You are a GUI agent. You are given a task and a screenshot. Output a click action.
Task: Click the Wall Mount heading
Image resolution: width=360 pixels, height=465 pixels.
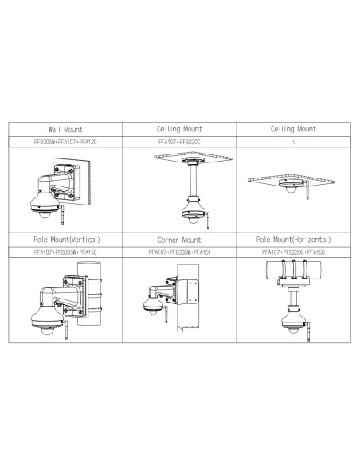(65, 129)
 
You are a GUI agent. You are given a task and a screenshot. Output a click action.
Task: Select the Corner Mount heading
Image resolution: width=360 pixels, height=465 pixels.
(179, 240)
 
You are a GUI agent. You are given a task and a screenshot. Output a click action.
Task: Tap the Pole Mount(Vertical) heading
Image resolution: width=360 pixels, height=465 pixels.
(67, 240)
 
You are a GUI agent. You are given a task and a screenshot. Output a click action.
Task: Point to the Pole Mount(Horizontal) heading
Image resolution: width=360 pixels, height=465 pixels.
(293, 240)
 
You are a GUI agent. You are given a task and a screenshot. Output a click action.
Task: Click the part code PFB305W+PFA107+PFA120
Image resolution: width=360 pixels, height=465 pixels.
(65, 142)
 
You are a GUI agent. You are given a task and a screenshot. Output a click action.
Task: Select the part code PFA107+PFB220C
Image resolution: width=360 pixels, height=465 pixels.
(179, 142)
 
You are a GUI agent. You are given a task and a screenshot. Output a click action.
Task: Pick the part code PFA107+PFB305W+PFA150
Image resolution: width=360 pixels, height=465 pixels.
(65, 252)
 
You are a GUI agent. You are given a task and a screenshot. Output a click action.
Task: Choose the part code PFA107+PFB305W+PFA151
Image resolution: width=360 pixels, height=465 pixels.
(179, 252)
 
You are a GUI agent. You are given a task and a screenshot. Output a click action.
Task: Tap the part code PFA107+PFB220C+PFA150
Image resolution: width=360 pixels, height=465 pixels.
(293, 252)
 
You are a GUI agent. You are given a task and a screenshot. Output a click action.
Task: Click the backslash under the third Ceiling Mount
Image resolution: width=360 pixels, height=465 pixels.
(294, 142)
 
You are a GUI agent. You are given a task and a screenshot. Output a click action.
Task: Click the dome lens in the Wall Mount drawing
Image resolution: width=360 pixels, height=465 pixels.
(45, 214)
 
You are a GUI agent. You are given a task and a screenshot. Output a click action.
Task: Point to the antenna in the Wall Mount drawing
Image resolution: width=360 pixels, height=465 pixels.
(62, 213)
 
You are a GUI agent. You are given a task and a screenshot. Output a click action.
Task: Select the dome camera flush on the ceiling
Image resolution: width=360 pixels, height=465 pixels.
(291, 186)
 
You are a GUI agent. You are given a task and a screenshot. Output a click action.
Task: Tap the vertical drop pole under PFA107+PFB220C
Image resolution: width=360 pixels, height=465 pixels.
(193, 180)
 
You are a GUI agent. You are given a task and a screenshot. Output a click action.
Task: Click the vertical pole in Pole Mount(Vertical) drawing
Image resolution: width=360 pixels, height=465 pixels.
(89, 293)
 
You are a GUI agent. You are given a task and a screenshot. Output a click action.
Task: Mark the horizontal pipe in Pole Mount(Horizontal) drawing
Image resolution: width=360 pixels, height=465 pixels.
(294, 269)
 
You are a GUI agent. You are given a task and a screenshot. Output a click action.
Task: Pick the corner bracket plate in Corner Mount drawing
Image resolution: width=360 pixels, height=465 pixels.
(188, 291)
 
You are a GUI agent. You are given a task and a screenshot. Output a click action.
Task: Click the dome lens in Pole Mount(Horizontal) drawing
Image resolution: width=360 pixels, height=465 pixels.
(293, 330)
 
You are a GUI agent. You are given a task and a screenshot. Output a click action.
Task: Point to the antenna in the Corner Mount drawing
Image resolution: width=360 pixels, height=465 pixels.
(166, 315)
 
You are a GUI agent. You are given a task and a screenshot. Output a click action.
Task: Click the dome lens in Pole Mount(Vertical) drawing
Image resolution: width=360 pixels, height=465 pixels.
(46, 331)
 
